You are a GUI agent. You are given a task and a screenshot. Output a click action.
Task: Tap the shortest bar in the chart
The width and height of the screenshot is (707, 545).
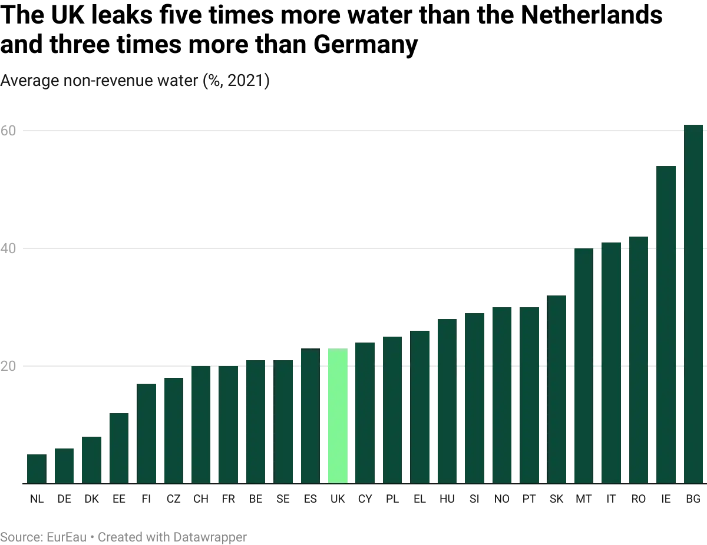click(x=35, y=468)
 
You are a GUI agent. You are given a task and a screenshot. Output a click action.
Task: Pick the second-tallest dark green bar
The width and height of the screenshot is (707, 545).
click(x=666, y=324)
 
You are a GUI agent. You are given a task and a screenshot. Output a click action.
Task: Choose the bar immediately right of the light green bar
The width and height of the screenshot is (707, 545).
click(x=365, y=411)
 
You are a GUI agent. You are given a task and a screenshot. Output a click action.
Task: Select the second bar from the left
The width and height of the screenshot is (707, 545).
click(x=63, y=466)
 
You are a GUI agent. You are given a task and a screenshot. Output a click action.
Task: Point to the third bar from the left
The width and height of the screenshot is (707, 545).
click(x=91, y=458)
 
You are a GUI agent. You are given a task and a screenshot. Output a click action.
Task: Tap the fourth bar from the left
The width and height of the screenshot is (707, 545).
click(x=120, y=447)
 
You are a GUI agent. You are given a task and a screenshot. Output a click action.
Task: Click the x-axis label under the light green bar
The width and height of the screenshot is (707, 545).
click(x=337, y=500)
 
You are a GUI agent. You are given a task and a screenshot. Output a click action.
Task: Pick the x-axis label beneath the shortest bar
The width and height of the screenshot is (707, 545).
click(x=35, y=500)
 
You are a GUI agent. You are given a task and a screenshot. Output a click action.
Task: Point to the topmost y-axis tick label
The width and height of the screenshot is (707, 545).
click(x=9, y=130)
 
